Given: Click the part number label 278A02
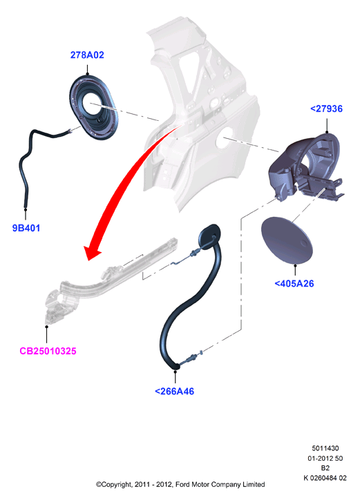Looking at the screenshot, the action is click(x=87, y=55).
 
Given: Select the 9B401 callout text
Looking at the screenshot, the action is click(x=26, y=228).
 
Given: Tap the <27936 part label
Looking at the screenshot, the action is click(x=326, y=108).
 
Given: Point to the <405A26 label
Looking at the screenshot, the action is click(x=294, y=283).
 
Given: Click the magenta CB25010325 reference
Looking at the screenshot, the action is click(x=48, y=351).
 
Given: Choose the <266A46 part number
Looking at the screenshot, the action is click(x=174, y=391).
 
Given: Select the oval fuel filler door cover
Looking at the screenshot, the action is click(x=287, y=240).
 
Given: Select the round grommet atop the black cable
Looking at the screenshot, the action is click(x=209, y=235).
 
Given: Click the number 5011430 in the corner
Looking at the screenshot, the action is click(x=325, y=448).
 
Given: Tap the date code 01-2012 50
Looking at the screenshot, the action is click(x=325, y=459).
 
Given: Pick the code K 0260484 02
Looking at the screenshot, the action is click(x=325, y=478).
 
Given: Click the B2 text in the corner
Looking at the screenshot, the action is click(x=325, y=468).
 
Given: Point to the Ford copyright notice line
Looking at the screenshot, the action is click(x=180, y=485).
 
